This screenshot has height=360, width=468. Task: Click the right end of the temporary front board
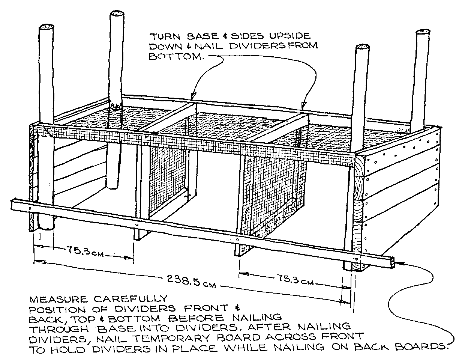click(x=392, y=262)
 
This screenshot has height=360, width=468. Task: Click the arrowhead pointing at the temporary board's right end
click(x=400, y=264)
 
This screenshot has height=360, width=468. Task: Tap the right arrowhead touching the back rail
click(x=304, y=104)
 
